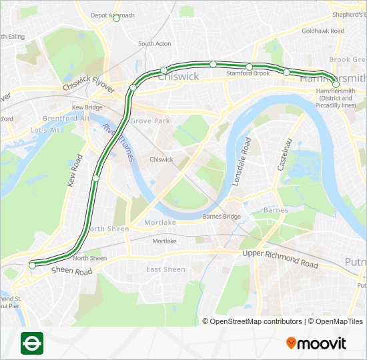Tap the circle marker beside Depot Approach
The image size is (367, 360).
tap(116, 18)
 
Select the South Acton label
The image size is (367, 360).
tap(155, 44)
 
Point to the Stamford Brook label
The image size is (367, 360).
tap(248, 73)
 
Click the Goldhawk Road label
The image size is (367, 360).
tap(322, 31)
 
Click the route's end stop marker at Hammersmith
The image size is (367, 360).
tap(336, 85)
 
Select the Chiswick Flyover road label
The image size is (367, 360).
tap(89, 79)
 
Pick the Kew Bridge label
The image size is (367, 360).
tap(87, 107)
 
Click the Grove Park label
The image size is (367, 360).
tap(150, 121)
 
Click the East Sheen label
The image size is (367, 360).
tap(165, 269)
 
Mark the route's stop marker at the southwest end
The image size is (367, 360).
tap(32, 265)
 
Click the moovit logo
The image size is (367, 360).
tap(316, 343)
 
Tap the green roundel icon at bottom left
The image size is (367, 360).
tap(31, 343)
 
